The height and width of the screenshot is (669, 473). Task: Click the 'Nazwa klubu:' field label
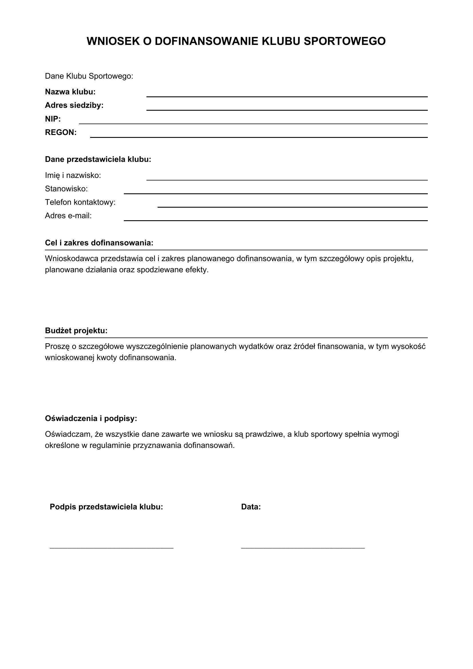[x=70, y=92]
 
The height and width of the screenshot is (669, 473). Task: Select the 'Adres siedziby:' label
[x=74, y=106]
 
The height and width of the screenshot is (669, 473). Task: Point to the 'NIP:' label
[x=53, y=119]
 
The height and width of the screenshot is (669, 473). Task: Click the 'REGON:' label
[x=61, y=133]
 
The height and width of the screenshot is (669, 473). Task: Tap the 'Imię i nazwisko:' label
[x=73, y=175]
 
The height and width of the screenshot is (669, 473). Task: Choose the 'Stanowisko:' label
[x=66, y=189]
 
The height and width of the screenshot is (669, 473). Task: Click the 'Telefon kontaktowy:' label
[x=80, y=202]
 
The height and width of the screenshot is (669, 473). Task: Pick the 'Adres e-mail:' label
[x=68, y=216]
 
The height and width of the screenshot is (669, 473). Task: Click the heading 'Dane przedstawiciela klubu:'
[x=98, y=159]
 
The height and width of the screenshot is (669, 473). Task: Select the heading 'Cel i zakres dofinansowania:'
[x=99, y=243]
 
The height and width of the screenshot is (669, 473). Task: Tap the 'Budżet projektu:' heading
[x=76, y=331]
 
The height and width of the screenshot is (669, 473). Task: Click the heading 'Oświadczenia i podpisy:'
[x=91, y=418]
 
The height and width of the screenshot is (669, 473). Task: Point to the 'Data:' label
[x=251, y=507]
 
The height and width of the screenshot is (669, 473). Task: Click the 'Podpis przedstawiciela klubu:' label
[x=106, y=507]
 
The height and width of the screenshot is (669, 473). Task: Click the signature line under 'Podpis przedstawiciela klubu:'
[x=112, y=548]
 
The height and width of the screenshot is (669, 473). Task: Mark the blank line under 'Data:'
[x=303, y=548]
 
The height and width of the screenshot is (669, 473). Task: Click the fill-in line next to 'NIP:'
[x=253, y=124]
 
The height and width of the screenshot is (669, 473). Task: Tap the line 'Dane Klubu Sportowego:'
[x=89, y=76]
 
